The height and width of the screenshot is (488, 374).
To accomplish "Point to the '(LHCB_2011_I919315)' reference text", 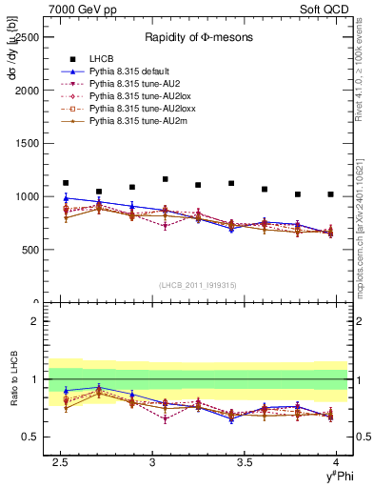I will [198, 286].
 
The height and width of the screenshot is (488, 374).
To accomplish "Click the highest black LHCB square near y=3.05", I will [165, 179].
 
